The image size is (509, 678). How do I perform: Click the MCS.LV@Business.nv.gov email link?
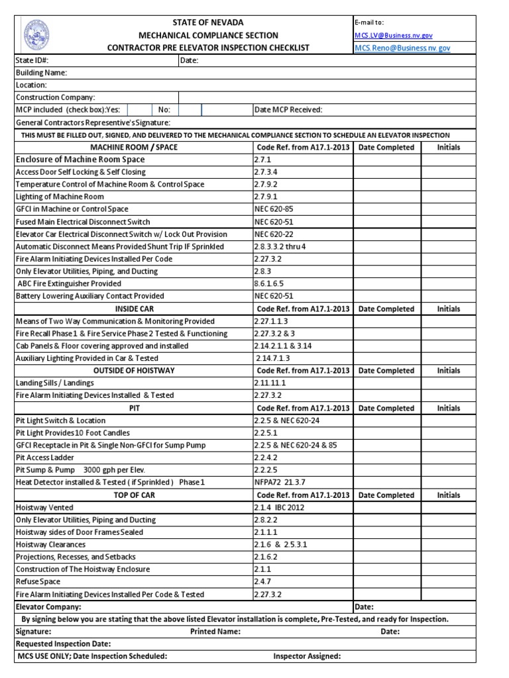(394, 35)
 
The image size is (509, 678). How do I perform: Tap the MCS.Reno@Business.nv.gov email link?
(402, 48)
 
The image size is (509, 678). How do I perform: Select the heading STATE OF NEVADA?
(207, 23)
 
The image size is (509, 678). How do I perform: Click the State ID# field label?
(32, 60)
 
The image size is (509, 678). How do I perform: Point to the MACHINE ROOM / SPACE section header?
(133, 147)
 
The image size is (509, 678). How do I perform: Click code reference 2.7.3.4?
(266, 172)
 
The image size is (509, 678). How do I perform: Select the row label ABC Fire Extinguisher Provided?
(69, 283)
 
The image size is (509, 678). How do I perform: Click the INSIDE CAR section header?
(133, 309)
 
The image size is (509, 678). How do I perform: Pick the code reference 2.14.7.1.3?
(274, 358)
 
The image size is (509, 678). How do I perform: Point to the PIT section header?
(135, 408)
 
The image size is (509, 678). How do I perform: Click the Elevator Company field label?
(48, 606)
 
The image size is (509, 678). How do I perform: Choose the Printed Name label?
(215, 632)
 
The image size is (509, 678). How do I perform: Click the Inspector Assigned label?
(307, 656)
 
